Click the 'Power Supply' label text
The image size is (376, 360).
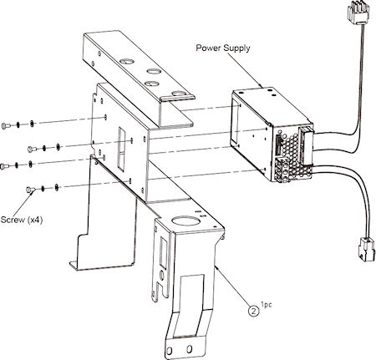tap(223, 48)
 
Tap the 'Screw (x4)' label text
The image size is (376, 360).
tap(22, 220)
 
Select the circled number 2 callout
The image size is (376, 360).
tap(253, 311)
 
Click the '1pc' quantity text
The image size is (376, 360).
tap(267, 305)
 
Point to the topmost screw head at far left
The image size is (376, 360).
tap(6, 125)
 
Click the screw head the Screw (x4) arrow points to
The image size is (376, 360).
tap(30, 190)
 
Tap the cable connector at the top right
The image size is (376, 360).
tap(358, 13)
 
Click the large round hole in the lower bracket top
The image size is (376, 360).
tap(185, 221)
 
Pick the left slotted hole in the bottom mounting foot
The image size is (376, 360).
tap(170, 351)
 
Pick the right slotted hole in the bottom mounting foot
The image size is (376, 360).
tap(190, 348)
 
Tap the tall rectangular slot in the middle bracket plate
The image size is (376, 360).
tap(122, 149)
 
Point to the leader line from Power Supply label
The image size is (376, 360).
tap(244, 68)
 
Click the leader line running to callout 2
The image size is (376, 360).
tap(233, 285)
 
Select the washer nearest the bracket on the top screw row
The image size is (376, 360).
tap(32, 123)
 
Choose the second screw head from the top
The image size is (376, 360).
tap(32, 150)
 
